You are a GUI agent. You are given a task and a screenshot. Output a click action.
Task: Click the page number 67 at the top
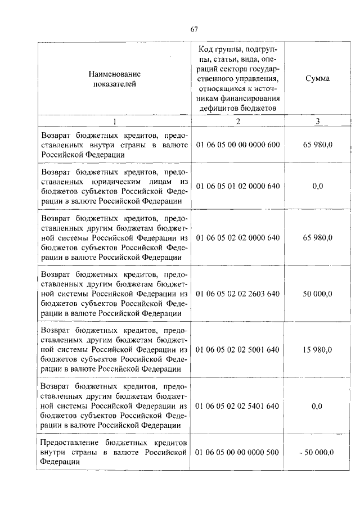click(x=193, y=30)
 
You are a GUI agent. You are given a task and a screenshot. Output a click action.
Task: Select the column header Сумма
click(x=317, y=79)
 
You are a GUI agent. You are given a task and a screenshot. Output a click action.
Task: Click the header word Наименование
click(x=114, y=74)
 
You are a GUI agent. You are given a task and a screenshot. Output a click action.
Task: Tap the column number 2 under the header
click(x=238, y=121)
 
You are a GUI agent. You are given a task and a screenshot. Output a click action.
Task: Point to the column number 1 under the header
click(x=114, y=121)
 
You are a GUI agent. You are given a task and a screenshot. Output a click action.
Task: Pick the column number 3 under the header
click(x=317, y=121)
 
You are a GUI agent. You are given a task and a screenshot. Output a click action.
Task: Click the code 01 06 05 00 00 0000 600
click(x=237, y=145)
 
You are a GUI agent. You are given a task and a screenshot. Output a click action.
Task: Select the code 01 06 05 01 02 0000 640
click(x=237, y=185)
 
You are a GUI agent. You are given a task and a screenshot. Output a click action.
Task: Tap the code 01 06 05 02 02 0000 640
click(x=237, y=238)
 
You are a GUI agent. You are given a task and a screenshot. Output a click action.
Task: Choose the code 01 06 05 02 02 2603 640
click(x=237, y=294)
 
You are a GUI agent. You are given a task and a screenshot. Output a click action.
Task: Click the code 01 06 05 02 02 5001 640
click(x=237, y=349)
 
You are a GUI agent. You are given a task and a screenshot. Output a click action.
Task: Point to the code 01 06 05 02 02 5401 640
click(x=237, y=405)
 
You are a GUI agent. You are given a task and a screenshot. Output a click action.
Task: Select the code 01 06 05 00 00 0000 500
click(x=237, y=452)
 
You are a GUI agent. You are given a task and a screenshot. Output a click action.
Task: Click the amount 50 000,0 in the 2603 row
click(x=317, y=294)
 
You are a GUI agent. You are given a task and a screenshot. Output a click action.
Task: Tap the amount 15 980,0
click(x=317, y=349)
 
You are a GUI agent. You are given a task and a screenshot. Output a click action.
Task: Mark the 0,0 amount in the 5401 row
click(x=317, y=405)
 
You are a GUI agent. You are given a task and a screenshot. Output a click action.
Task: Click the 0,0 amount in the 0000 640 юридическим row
click(x=317, y=185)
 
